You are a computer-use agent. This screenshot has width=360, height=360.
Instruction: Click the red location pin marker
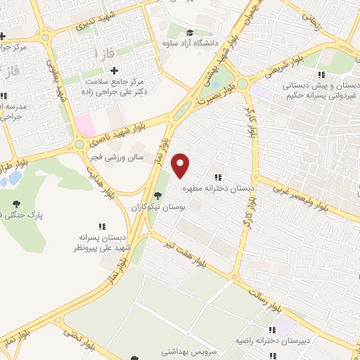click(x=181, y=165)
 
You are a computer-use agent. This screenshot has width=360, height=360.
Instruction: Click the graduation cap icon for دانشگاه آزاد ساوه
click(x=190, y=33)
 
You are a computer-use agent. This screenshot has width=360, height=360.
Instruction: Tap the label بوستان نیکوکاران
click(x=155, y=207)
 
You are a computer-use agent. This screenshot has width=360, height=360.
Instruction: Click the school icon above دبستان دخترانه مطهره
click(x=218, y=177)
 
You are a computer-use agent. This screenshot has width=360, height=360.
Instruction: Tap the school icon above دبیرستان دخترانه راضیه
click(x=271, y=330)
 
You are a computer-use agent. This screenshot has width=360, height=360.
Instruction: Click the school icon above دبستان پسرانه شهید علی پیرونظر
click(x=102, y=226)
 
